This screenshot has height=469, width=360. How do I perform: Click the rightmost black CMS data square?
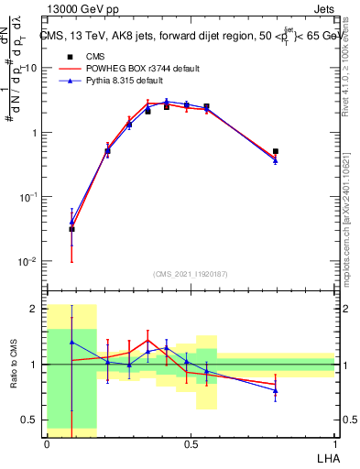[x=276, y=151]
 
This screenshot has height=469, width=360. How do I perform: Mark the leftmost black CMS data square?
[x=71, y=229]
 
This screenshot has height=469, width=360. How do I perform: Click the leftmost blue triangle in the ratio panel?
[x=71, y=342]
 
